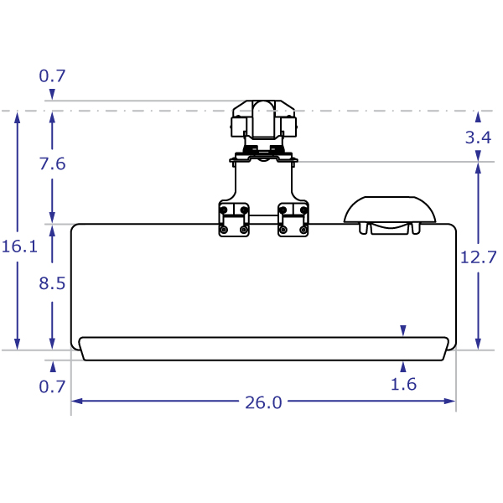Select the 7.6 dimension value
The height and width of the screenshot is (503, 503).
point(52,164)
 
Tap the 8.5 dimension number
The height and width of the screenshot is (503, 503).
point(52,283)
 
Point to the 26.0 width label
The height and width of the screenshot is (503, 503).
point(263,402)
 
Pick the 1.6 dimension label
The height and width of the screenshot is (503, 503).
point(404,385)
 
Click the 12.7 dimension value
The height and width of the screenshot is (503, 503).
point(478,258)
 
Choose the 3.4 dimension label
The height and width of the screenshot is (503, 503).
point(478,137)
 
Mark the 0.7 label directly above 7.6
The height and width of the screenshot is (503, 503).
point(52,76)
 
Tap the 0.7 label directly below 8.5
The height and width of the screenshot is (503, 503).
point(52,386)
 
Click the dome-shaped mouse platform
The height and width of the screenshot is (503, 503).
point(390,211)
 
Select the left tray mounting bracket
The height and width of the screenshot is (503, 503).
point(234,219)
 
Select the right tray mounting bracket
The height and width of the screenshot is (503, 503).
point(293,219)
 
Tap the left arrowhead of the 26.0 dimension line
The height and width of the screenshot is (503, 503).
point(76,402)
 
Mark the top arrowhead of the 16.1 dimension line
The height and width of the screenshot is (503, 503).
point(18,117)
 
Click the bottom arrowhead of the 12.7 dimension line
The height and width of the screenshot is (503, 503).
point(478,345)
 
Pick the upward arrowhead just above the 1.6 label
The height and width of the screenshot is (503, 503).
point(404,366)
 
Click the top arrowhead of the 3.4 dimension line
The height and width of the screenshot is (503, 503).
point(478,117)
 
